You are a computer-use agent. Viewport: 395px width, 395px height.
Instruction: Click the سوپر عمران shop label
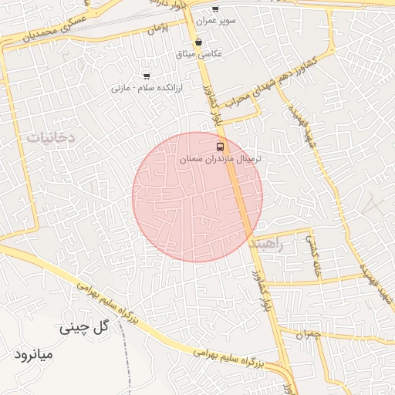pos(216,21)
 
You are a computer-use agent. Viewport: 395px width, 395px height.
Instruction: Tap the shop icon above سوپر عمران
pos(215,9)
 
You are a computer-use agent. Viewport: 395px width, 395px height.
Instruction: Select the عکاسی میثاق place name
pos(200,54)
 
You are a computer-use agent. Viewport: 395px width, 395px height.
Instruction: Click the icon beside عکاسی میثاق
pos(199,42)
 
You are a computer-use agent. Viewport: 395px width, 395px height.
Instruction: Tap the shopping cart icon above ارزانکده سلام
pos(146,76)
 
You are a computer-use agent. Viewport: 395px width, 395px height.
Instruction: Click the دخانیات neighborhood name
pos(51,137)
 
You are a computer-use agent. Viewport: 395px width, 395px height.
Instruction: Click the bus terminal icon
pos(220,146)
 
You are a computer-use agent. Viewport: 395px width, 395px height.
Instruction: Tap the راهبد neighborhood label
pos(267,244)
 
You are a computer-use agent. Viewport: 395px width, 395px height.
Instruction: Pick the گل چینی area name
pos(86,328)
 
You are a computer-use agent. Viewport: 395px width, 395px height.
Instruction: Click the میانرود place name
pos(34,356)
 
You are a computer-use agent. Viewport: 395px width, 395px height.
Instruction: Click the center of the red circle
pos(197,197)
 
